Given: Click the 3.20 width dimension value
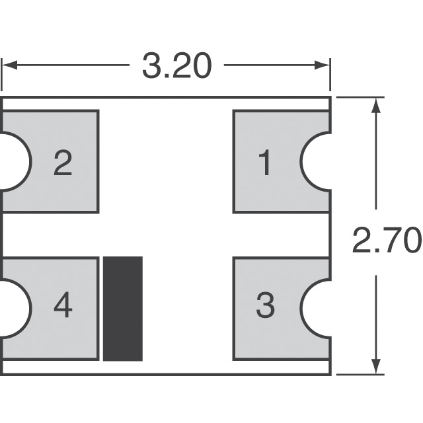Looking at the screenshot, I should pyautogui.click(x=176, y=66).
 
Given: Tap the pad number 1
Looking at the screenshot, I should pyautogui.click(x=264, y=163).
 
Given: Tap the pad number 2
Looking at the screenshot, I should pyautogui.click(x=62, y=163).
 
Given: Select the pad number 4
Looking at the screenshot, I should pyautogui.click(x=62, y=306).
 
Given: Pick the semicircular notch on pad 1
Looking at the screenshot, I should pyautogui.click(x=316, y=161).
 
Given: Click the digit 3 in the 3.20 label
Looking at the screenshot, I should pyautogui.click(x=151, y=66).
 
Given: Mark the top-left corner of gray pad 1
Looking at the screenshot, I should pyautogui.click(x=234, y=112).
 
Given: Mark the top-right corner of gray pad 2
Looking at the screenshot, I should pyautogui.click(x=98, y=112).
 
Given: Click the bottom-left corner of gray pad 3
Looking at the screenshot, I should pyautogui.click(x=234, y=360).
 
